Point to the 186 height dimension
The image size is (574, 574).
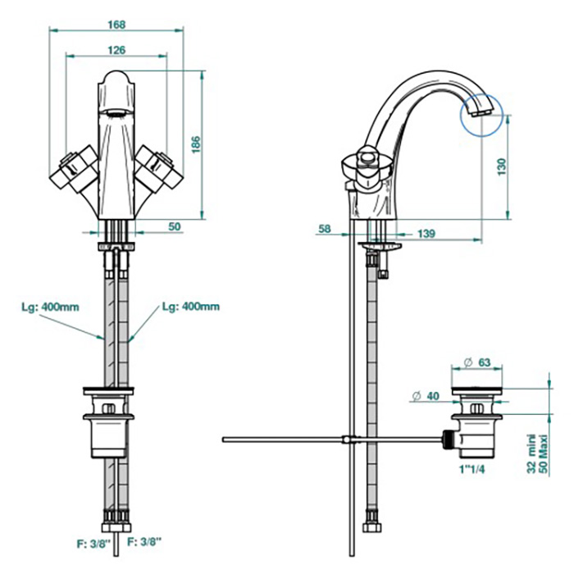194,144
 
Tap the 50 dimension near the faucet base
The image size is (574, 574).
174,225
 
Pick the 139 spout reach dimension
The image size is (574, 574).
426,234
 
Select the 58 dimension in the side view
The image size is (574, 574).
325,229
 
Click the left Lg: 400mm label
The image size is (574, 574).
50,307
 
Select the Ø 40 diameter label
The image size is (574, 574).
427,396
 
